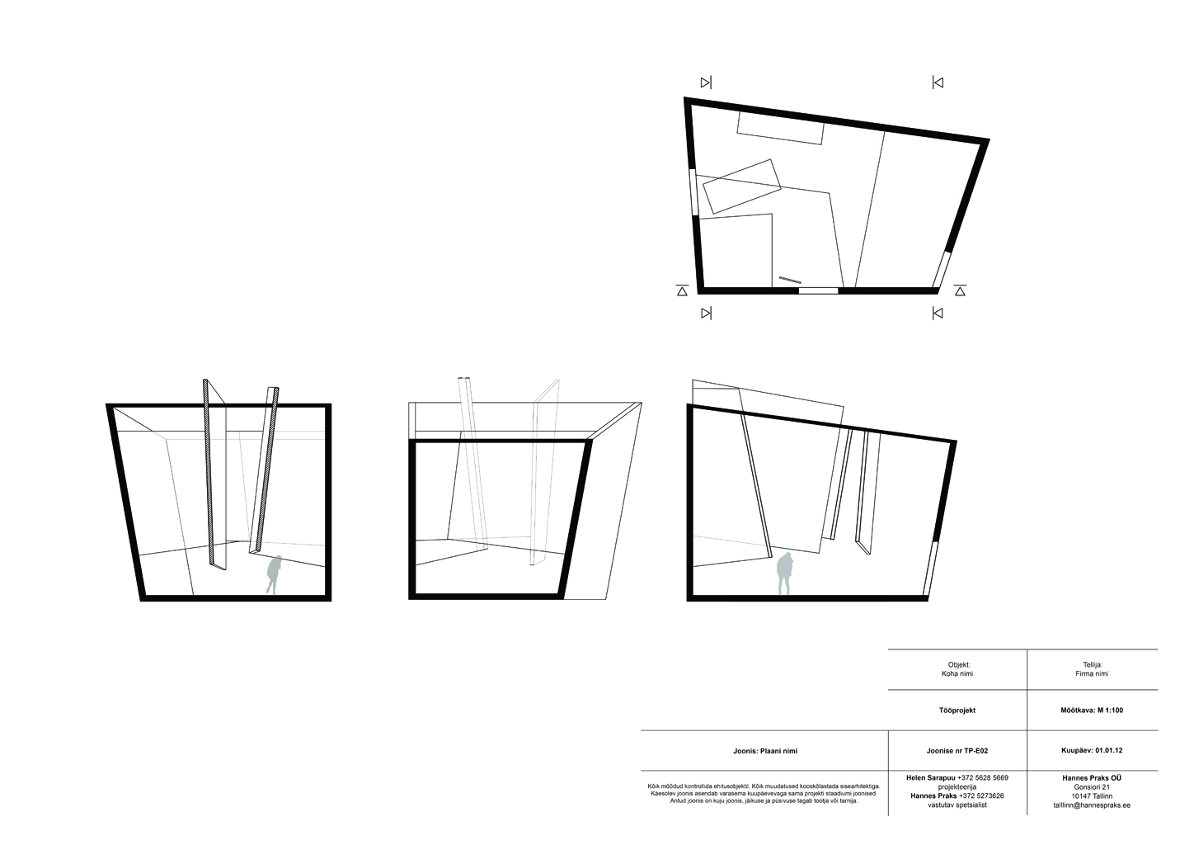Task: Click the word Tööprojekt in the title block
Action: pyautogui.click(x=957, y=710)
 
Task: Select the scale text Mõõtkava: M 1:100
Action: pyautogui.click(x=1092, y=710)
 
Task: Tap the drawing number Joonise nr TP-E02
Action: pyautogui.click(x=957, y=751)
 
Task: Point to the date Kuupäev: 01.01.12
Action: pyautogui.click(x=1092, y=751)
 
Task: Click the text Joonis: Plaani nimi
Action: pyautogui.click(x=765, y=751)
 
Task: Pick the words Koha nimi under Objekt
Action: pyautogui.click(x=957, y=673)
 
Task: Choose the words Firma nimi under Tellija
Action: pyautogui.click(x=1092, y=673)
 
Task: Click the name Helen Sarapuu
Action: pyautogui.click(x=931, y=778)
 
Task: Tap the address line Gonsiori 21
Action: pyautogui.click(x=1092, y=787)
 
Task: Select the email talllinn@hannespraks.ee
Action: pyautogui.click(x=1092, y=805)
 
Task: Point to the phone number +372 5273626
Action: pyautogui.click(x=981, y=796)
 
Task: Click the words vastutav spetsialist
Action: pyautogui.click(x=957, y=805)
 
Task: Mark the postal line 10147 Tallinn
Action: pyautogui.click(x=1092, y=796)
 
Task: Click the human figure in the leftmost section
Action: pyautogui.click(x=274, y=574)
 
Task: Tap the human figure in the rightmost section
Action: pyautogui.click(x=783, y=574)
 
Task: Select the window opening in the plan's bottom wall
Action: pyautogui.click(x=818, y=290)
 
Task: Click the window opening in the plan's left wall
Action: pyautogui.click(x=693, y=192)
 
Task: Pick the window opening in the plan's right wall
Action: pyautogui.click(x=942, y=269)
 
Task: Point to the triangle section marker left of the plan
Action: pyautogui.click(x=682, y=290)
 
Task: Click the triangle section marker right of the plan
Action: pyautogui.click(x=960, y=290)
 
